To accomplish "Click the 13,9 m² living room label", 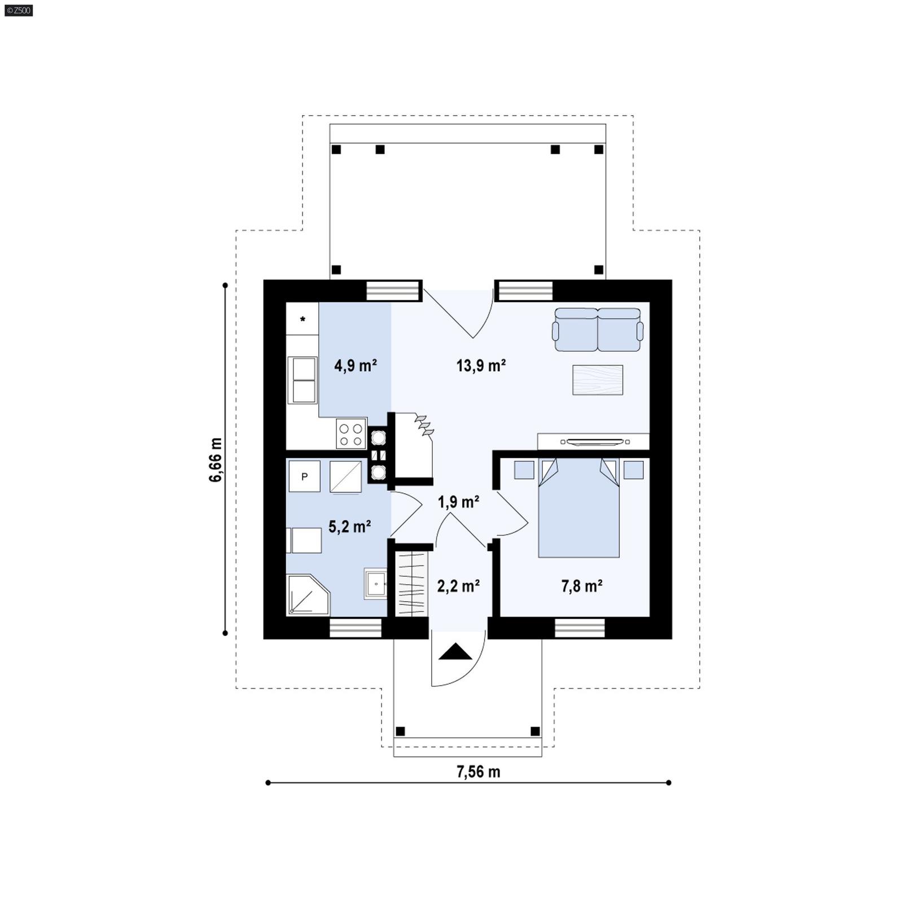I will point(480,366).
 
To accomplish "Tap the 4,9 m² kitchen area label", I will point(355,366).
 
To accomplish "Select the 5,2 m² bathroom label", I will point(349,527).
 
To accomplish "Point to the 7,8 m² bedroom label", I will point(581,586).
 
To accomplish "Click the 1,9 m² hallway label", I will point(458,501).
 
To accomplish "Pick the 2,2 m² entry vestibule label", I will point(458,586).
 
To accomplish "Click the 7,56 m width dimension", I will point(478,772).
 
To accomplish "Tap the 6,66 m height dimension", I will point(216,459).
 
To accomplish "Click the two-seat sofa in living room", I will point(598,330).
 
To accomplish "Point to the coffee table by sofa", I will point(598,380).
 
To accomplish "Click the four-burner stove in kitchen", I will point(350,434).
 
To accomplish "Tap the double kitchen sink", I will point(303,380).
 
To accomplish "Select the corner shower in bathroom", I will point(306,595).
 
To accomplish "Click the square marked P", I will point(304,476).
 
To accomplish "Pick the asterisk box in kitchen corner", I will point(303,319).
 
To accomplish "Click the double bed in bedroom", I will point(578,508).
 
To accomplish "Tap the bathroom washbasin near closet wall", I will point(375,583).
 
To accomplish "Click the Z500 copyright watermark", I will point(18,10).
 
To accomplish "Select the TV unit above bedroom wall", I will point(593,441).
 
